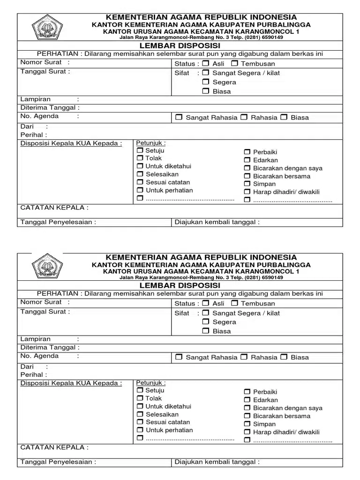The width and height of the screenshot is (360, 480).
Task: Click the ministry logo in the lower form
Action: click(x=47, y=266)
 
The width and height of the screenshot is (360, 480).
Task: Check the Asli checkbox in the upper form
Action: click(x=206, y=63)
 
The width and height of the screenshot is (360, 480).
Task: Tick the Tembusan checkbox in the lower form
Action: click(x=234, y=303)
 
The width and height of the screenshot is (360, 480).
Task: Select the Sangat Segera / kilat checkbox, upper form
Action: click(x=206, y=73)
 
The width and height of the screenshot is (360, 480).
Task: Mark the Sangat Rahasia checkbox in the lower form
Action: click(x=179, y=357)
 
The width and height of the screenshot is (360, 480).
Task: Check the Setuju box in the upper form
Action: click(x=140, y=150)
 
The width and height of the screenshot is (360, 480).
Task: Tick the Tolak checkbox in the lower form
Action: click(x=140, y=398)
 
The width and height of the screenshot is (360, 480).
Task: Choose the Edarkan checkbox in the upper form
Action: click(x=247, y=160)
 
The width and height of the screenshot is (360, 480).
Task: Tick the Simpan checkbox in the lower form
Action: click(x=247, y=424)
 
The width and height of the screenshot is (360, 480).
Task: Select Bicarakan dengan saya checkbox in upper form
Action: click(x=247, y=168)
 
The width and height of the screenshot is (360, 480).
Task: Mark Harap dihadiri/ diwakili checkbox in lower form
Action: click(x=247, y=432)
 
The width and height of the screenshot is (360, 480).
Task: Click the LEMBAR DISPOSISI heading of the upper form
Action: click(x=180, y=46)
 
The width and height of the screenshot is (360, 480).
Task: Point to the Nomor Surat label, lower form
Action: click(x=41, y=302)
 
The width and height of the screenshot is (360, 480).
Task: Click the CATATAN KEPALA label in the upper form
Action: click(x=54, y=208)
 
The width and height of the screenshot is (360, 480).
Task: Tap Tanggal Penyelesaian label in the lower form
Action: click(x=58, y=462)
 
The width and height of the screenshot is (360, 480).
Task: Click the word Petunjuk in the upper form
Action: click(x=150, y=143)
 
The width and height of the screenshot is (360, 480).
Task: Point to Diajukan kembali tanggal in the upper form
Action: click(x=217, y=222)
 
